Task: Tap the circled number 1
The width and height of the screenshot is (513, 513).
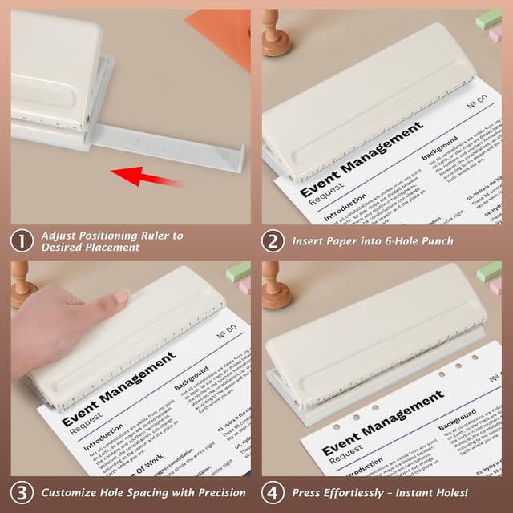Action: click(21, 241)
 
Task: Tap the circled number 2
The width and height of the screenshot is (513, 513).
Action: click(273, 240)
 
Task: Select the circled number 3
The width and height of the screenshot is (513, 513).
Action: click(21, 492)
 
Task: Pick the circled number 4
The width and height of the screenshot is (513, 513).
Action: click(273, 492)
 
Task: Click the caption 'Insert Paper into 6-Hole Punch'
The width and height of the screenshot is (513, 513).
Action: click(373, 240)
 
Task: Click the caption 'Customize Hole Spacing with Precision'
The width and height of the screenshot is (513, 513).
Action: click(143, 492)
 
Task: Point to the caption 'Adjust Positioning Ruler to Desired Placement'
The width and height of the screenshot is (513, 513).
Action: click(112, 241)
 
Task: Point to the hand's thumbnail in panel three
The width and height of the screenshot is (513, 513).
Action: click(121, 297)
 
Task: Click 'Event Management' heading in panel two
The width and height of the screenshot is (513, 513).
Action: click(361, 160)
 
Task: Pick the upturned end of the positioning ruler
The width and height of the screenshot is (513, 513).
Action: click(237, 156)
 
